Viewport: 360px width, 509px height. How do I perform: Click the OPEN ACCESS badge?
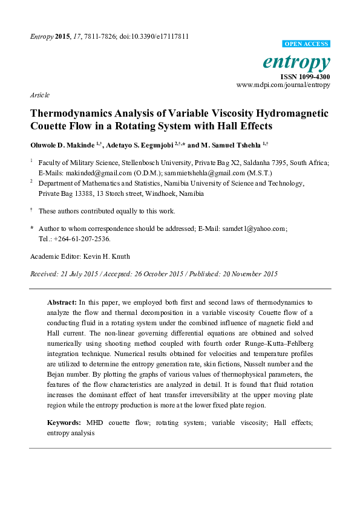point(306,44)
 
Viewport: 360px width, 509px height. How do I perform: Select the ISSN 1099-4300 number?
point(305,77)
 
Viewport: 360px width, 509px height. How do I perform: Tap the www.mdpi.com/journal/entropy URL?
point(283,85)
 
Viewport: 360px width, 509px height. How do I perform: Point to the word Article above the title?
point(39,95)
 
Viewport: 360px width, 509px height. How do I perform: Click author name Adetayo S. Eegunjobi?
point(138,146)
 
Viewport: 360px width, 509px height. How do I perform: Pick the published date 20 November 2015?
point(247,274)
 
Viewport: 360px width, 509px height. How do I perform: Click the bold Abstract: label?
point(62,301)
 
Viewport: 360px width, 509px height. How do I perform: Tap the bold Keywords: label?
point(65,423)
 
